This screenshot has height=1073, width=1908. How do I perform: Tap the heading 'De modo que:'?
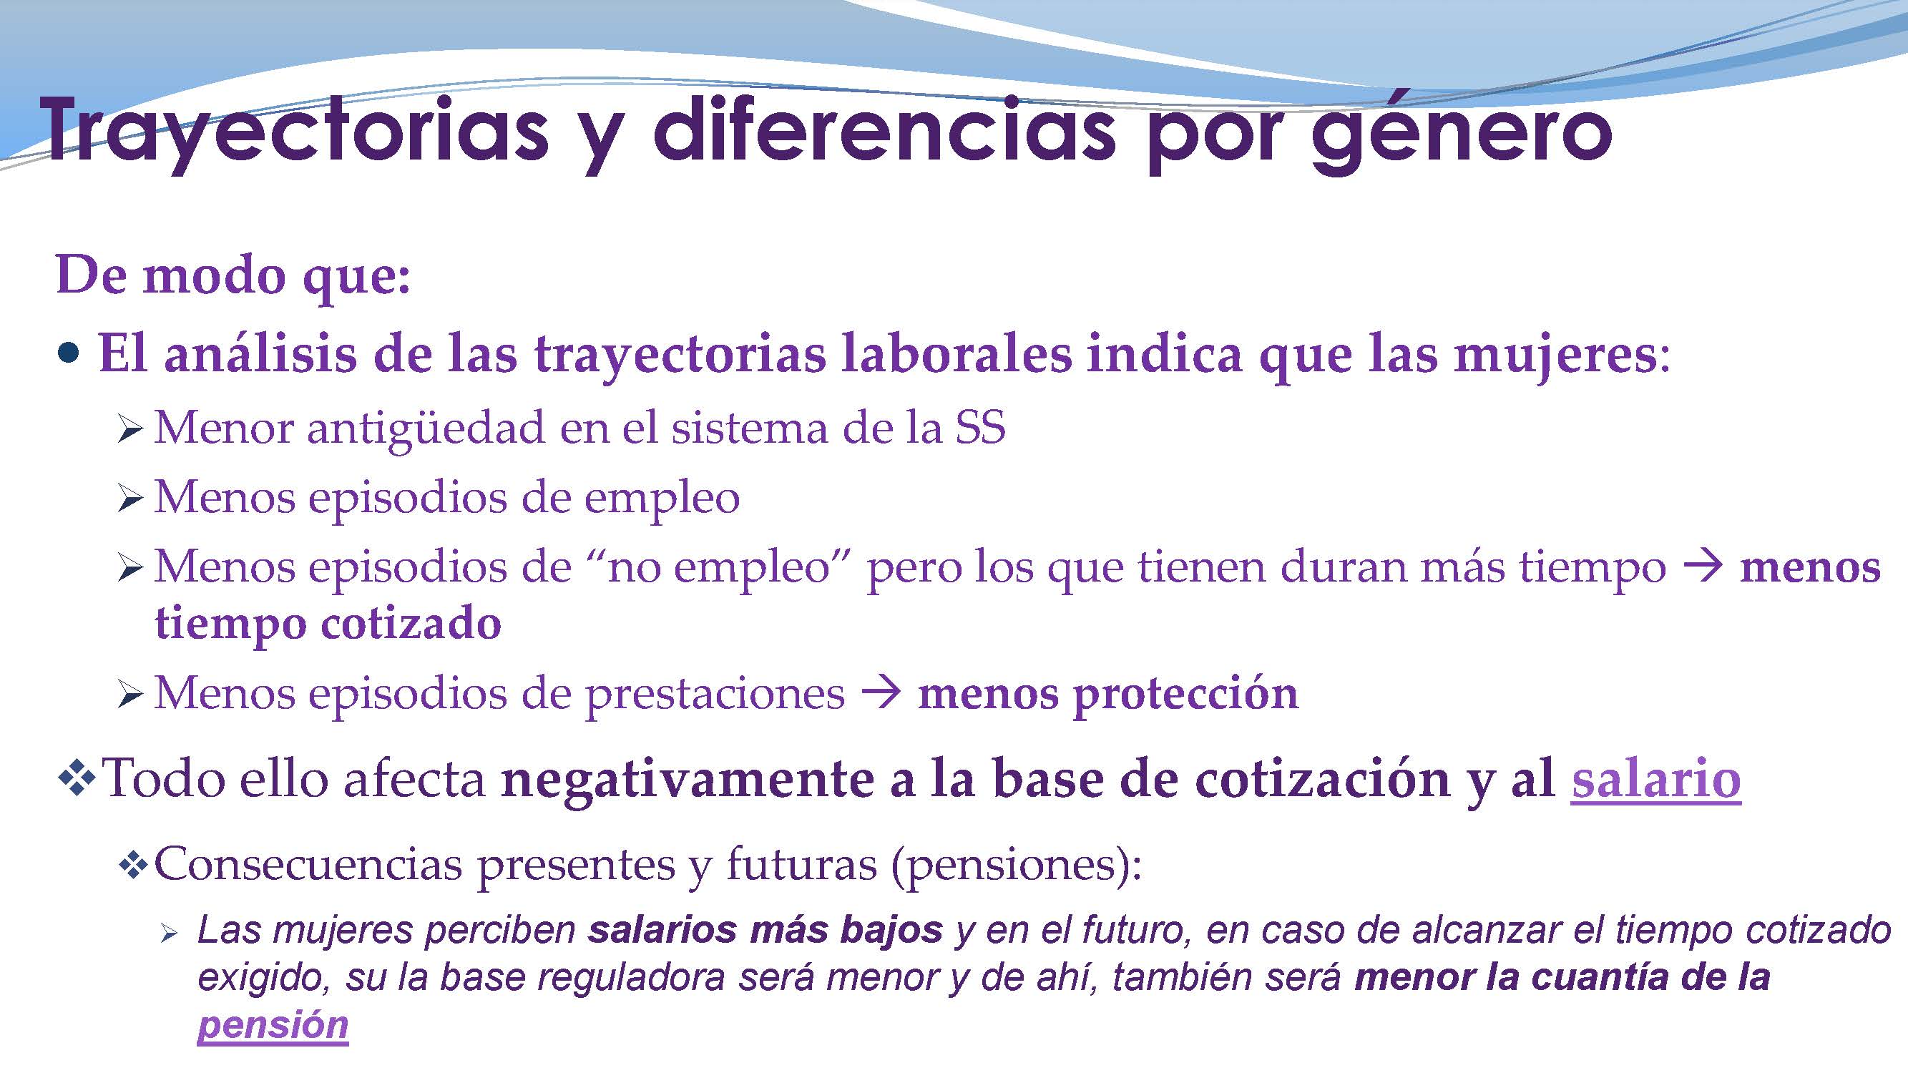point(233,275)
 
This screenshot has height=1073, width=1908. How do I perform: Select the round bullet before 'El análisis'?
point(67,353)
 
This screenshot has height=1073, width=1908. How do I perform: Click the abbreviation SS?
point(980,428)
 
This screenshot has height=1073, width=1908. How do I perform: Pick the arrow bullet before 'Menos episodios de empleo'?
point(129,499)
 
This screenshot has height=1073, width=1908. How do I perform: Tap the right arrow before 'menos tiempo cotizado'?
point(1702,567)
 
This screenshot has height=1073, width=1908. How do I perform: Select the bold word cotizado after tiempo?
point(411,624)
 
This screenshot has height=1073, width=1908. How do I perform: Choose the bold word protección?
point(1186,694)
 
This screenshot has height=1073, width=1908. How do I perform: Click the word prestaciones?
point(715,694)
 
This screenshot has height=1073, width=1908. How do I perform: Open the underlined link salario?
point(1655,779)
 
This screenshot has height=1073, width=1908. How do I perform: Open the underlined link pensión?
point(273,1025)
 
